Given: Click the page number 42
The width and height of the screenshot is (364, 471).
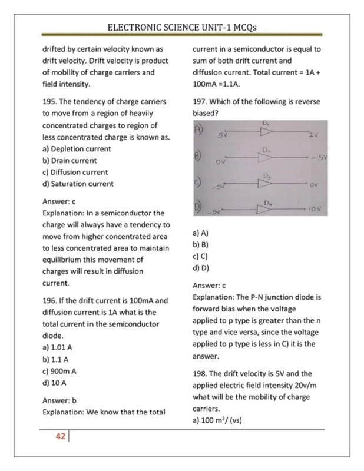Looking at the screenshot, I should [60, 436].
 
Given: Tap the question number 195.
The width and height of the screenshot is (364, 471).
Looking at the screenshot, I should [49, 101].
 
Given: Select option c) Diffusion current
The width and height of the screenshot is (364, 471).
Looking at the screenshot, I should [75, 172].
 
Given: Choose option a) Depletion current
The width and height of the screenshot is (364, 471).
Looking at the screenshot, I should [76, 148].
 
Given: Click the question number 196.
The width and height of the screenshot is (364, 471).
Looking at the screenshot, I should [49, 300].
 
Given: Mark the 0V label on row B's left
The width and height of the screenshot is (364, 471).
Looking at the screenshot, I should [221, 160].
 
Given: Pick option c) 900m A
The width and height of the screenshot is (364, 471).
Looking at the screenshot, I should [59, 371].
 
